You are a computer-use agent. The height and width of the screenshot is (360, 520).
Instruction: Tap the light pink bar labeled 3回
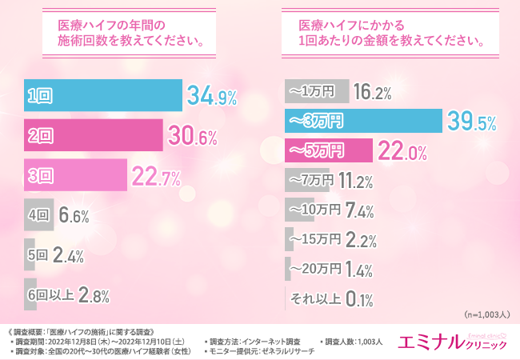[76, 175]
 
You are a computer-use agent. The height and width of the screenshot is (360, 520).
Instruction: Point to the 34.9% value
[212, 98]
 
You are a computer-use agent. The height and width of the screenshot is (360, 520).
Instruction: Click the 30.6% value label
[193, 137]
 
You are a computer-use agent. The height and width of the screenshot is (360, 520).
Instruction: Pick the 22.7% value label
[157, 175]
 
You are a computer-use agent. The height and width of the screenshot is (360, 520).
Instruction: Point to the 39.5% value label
[471, 121]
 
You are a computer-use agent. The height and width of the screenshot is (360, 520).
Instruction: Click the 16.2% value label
[371, 92]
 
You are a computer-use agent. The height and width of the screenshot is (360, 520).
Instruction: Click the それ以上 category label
[317, 298]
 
